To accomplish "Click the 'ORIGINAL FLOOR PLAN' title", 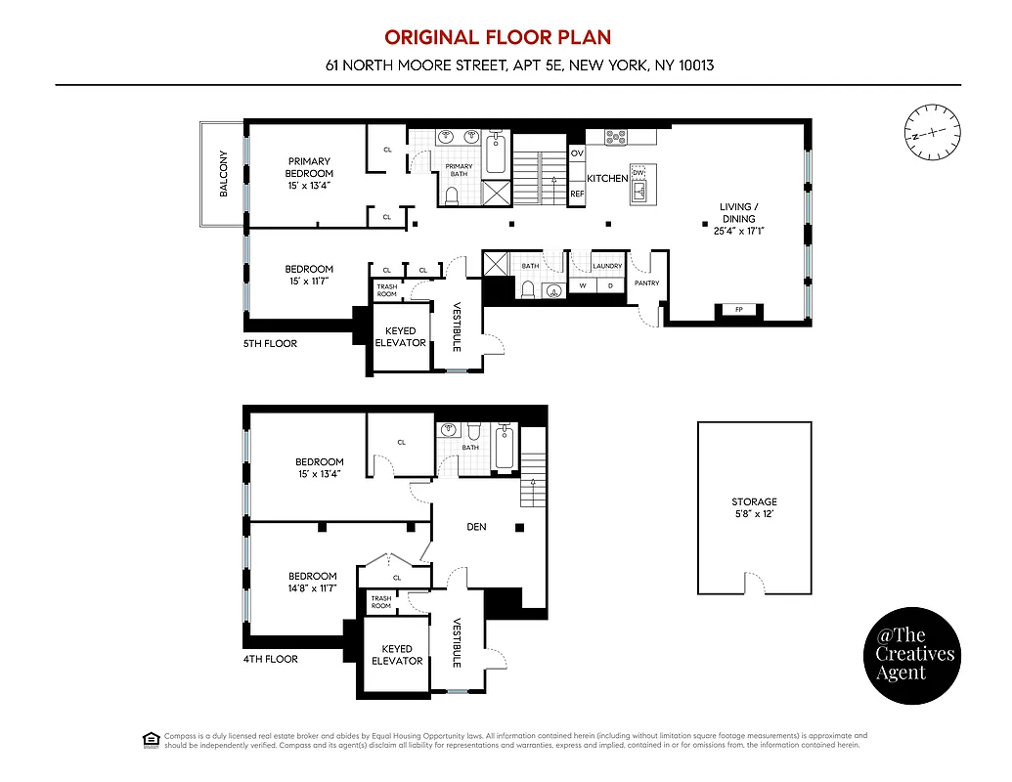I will point(497,37).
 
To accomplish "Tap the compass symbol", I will point(932,132).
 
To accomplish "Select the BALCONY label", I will point(223,174).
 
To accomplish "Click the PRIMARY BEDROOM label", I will point(309,173).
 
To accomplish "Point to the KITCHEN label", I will point(606,178).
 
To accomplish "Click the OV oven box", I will point(577,153).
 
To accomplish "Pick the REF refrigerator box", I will point(577,194).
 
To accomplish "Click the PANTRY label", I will point(646,283).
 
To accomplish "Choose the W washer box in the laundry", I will point(584,285).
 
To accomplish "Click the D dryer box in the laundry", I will point(610,285).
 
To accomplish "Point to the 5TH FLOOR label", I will point(270,344).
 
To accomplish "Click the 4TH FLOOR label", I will point(270,659).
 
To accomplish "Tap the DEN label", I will point(476,527).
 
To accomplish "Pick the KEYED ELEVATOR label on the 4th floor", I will point(397,655).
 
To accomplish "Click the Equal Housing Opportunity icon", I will point(151,739).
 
